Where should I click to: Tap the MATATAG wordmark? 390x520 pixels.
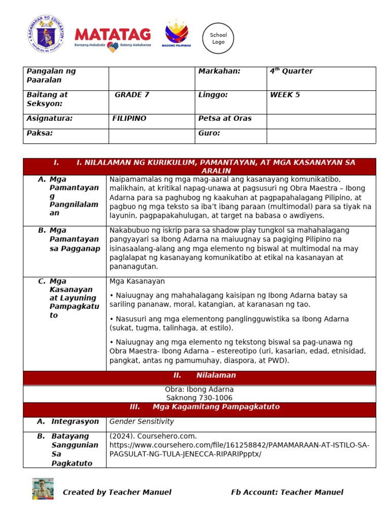tap(113, 35)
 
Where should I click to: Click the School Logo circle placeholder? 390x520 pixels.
tap(218, 38)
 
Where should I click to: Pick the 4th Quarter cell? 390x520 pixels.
tap(291, 72)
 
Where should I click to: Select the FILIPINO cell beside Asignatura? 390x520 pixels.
tap(129, 118)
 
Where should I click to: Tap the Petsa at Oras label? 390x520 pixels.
tap(225, 118)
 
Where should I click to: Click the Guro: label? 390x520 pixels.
tap(209, 133)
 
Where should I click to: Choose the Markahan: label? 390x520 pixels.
tap(219, 72)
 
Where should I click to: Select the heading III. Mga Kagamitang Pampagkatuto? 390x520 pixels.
tap(205, 407)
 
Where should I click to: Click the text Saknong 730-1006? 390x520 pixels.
tap(200, 398)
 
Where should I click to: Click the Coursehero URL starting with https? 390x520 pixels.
tap(239, 445)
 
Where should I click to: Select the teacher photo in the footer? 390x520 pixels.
tap(43, 489)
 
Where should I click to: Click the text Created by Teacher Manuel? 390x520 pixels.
tap(117, 492)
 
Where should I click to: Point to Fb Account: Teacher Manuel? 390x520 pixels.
tap(287, 492)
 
